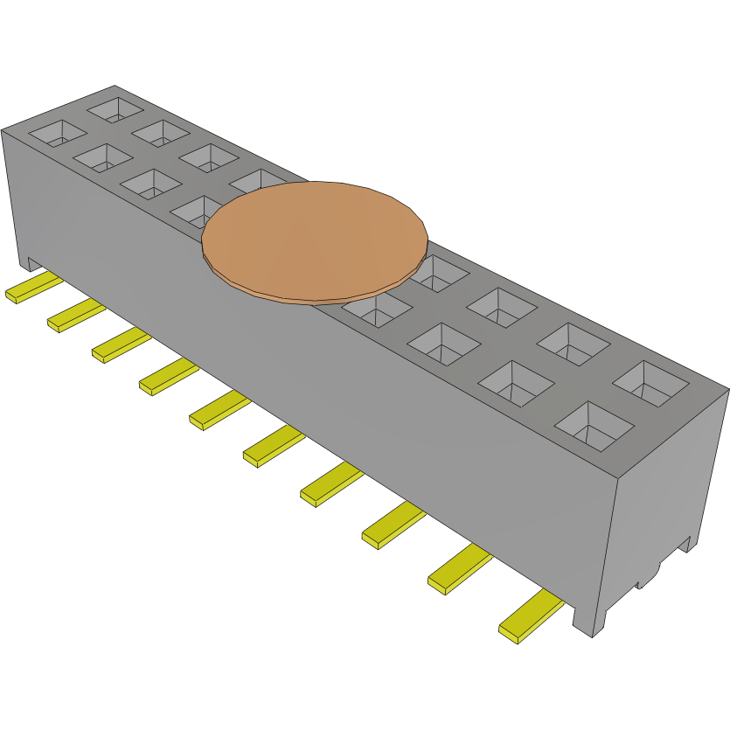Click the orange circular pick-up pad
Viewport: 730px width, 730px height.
coord(315,238)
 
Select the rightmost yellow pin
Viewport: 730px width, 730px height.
coord(530,615)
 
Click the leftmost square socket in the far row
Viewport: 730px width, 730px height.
coord(115,109)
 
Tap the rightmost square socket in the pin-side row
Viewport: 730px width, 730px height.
coord(594,426)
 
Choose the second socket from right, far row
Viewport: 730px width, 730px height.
coord(574,344)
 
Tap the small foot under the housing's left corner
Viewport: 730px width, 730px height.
coord(28,261)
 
